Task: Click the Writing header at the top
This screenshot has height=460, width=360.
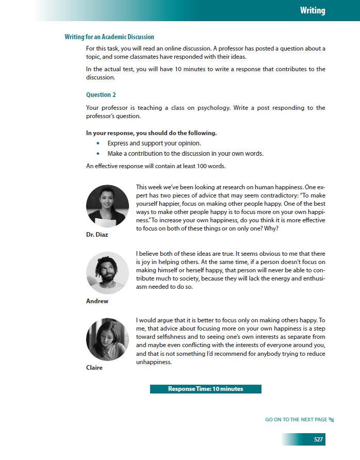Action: tap(313, 10)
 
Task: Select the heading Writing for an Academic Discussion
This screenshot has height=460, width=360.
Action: tap(109, 37)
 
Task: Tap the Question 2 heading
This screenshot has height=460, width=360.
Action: tap(101, 95)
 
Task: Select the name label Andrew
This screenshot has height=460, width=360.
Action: tap(97, 301)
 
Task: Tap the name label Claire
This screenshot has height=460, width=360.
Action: tap(94, 368)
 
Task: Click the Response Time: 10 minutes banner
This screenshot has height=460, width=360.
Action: tap(205, 389)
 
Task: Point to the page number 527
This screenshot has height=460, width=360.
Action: tap(318, 439)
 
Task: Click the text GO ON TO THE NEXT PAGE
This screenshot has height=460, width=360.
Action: tap(296, 420)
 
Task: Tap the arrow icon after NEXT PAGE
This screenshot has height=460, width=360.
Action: tap(332, 420)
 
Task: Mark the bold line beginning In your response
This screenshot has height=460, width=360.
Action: tap(151, 133)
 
